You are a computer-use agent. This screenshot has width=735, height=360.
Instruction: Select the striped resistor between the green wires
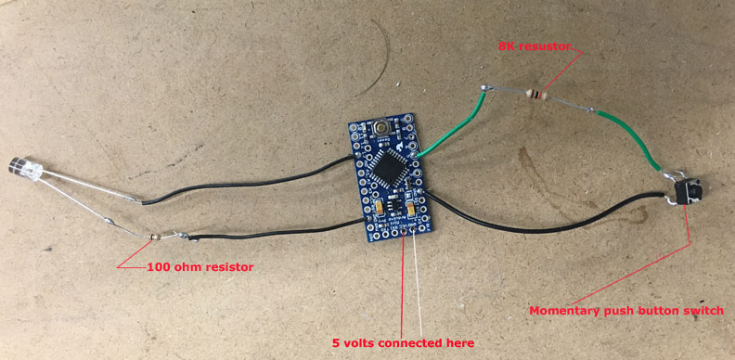point(536,94)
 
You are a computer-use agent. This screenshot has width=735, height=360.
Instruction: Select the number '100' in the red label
point(160,266)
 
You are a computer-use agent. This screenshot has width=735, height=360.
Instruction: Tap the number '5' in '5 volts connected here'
point(336,342)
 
